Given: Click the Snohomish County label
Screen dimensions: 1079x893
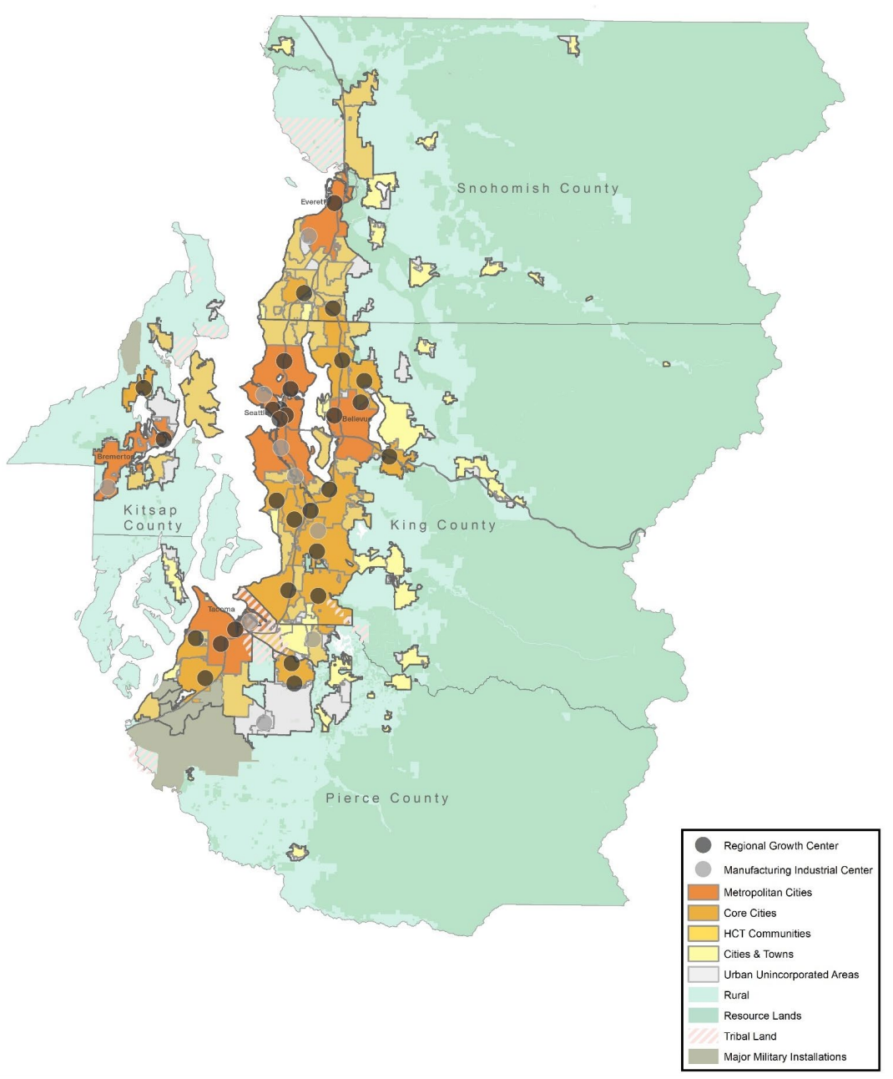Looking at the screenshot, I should [537, 189].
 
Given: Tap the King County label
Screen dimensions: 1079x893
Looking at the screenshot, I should [443, 525].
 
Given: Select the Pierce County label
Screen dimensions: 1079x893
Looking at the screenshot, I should [387, 798].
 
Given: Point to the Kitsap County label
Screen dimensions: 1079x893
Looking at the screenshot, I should [152, 518].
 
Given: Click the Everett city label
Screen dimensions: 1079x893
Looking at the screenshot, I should [313, 202].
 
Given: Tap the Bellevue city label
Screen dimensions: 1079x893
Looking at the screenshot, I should [356, 418].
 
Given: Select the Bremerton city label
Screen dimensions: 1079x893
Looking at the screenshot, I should [114, 457].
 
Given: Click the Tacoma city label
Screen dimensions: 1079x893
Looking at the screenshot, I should [221, 610].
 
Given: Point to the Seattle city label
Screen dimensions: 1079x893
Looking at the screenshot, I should [255, 413].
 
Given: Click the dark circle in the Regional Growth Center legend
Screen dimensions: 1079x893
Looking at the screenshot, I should [703, 845].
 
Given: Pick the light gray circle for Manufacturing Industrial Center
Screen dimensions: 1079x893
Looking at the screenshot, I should [703, 869].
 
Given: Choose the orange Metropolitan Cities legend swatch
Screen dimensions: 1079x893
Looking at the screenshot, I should [703, 892].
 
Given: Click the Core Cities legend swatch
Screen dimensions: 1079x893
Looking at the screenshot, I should [703, 913].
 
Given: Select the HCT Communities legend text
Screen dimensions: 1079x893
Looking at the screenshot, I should [766, 934].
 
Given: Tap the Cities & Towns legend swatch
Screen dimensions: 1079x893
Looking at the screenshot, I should [703, 954].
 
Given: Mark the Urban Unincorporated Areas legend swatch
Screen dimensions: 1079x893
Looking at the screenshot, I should [703, 975].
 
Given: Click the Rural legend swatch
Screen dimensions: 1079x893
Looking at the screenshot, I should [703, 995].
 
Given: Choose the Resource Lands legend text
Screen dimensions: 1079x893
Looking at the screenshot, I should [762, 1016].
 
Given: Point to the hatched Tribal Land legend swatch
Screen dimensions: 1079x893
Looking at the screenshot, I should [703, 1036].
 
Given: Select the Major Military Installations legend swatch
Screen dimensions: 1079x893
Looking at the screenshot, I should [703, 1056].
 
